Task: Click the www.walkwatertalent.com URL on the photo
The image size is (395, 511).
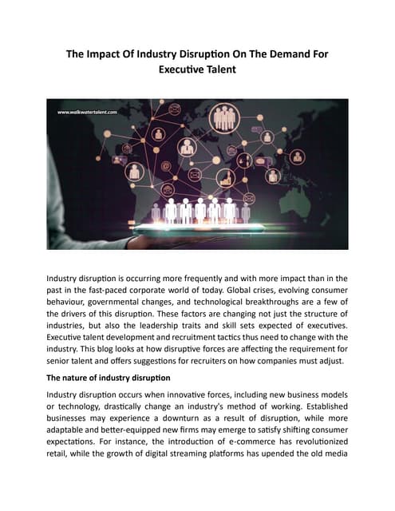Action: click(x=87, y=113)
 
